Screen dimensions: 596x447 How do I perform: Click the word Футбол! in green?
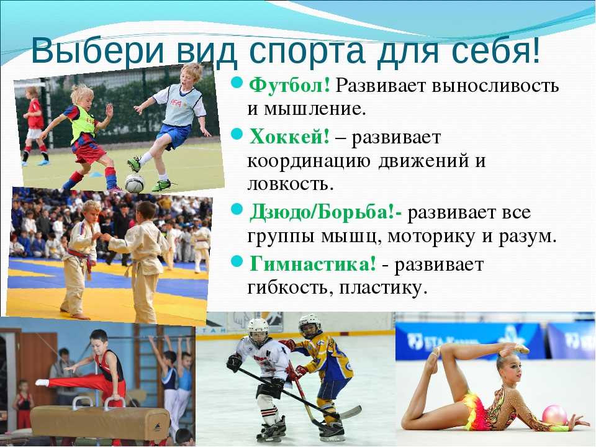tap(289, 86)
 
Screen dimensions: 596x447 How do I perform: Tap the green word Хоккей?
tap(289, 136)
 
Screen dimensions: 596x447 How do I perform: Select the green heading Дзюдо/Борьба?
tap(325, 212)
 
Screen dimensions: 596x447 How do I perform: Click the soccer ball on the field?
tap(135, 183)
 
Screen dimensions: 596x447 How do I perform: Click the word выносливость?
tap(495, 86)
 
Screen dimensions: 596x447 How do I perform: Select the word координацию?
tap(309, 161)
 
